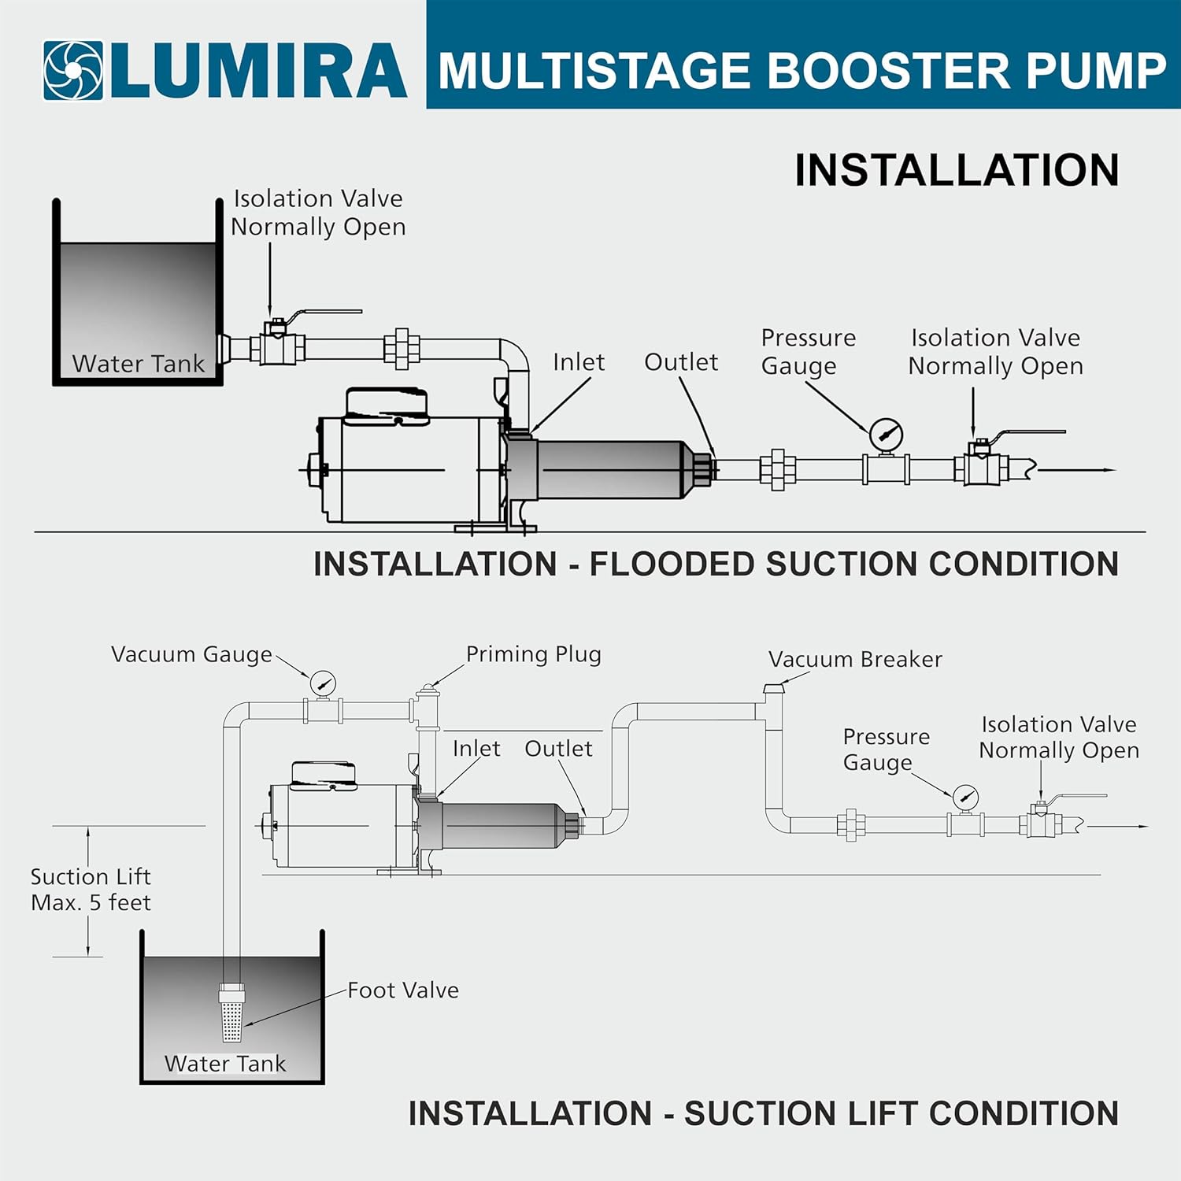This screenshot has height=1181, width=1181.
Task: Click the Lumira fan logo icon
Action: click(72, 71)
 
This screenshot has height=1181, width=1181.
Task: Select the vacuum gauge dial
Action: click(322, 683)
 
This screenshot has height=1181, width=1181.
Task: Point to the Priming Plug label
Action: click(533, 654)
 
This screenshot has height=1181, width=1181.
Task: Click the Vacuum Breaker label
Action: click(855, 659)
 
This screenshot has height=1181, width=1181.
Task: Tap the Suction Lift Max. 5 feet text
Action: click(91, 890)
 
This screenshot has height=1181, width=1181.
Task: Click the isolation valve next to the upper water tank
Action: click(277, 344)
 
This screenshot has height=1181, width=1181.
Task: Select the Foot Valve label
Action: click(403, 990)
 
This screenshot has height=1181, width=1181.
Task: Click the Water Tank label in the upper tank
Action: click(138, 363)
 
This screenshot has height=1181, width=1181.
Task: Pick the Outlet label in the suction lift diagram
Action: click(558, 748)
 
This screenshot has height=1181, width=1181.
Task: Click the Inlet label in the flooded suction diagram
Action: click(578, 361)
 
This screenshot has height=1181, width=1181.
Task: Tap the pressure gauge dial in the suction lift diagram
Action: click(965, 798)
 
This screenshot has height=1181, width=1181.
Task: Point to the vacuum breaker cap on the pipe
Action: click(774, 690)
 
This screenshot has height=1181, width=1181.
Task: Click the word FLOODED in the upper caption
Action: click(672, 564)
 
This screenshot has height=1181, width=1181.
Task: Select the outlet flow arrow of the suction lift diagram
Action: click(1118, 827)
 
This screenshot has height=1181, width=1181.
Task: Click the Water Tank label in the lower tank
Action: click(225, 1063)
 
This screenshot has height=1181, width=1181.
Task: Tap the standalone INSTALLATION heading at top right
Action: click(956, 170)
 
